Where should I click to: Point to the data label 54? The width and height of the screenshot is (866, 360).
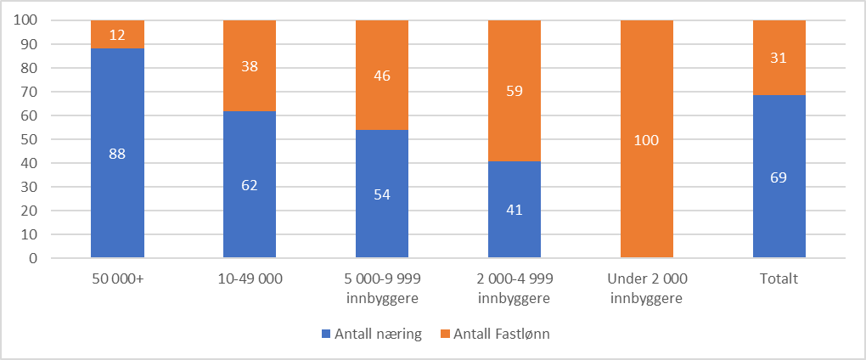[382, 194]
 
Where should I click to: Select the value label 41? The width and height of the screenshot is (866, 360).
[515, 210]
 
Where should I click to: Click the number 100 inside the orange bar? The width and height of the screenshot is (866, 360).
[647, 139]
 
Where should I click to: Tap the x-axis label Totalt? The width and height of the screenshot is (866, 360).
[779, 278]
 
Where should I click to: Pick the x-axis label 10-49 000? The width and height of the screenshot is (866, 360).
[250, 278]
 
